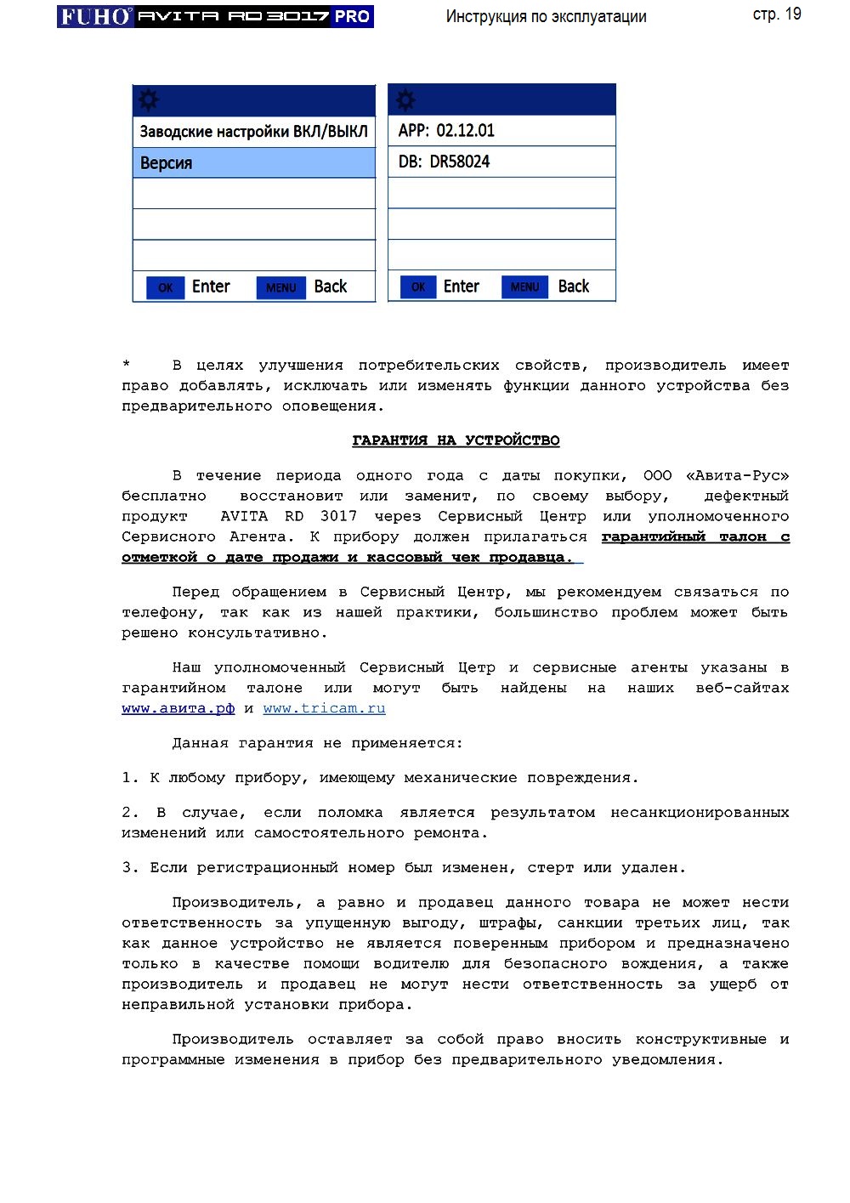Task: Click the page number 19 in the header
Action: tap(791, 14)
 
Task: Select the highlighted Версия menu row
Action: tap(253, 162)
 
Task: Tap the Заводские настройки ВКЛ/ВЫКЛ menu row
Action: tap(253, 132)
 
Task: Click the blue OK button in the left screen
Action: tap(165, 287)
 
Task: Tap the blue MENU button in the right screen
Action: tap(524, 287)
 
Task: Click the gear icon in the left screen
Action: tap(149, 100)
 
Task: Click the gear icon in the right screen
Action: tap(405, 100)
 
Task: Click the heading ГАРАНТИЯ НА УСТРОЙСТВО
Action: tap(456, 440)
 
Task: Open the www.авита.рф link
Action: tap(178, 708)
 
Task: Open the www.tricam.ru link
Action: tap(324, 708)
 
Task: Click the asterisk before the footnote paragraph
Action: tap(126, 366)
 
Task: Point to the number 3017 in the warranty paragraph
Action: tap(338, 516)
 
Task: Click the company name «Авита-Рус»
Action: tap(737, 475)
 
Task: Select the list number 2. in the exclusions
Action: tap(129, 813)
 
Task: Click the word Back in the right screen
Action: tap(574, 287)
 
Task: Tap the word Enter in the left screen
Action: tap(211, 287)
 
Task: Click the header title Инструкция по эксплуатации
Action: tap(546, 16)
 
